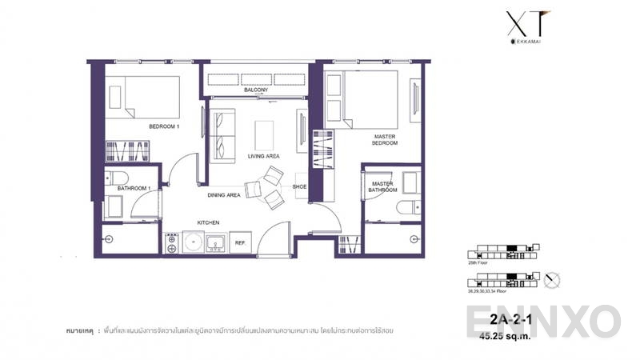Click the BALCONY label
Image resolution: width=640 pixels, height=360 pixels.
pyautogui.click(x=256, y=90)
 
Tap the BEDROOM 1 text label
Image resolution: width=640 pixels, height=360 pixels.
pyautogui.click(x=164, y=127)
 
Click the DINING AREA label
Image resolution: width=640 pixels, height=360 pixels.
pyautogui.click(x=224, y=194)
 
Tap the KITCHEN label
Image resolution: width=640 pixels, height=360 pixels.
pyautogui.click(x=208, y=222)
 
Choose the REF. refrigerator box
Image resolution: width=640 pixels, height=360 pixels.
pyautogui.click(x=239, y=242)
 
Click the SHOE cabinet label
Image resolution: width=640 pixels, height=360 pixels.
pyautogui.click(x=299, y=186)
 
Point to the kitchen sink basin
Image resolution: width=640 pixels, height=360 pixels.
pyautogui.click(x=214, y=242)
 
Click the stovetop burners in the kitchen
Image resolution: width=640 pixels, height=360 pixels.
pyautogui.click(x=171, y=242)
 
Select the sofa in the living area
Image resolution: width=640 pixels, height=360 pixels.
pyautogui.click(x=222, y=134)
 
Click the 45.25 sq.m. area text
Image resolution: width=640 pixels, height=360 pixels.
pyautogui.click(x=502, y=336)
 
